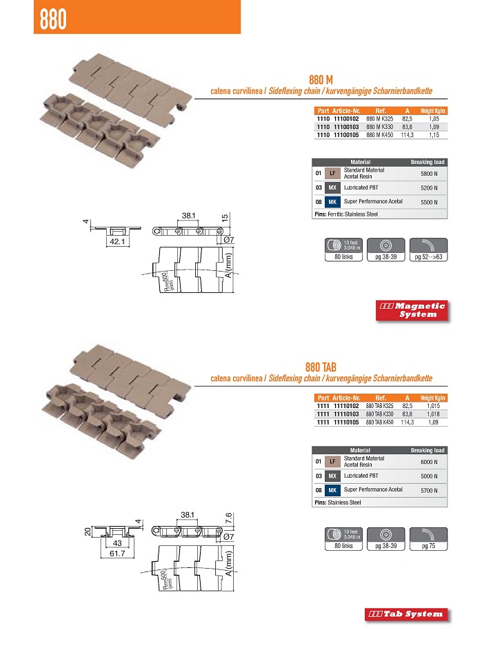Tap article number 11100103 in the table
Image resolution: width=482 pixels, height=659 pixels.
coord(347,127)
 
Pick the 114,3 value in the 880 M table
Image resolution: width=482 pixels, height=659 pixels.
coord(407,135)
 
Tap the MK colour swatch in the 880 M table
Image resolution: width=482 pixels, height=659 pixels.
coord(332,202)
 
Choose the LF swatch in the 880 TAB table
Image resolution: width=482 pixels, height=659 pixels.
coord(332,460)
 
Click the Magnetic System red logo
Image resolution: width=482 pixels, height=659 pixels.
coord(412,310)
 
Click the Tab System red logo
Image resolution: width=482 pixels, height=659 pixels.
coord(406,614)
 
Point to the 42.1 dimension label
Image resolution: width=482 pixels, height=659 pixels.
coord(114,242)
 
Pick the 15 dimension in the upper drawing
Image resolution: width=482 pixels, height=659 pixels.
coord(225,218)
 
